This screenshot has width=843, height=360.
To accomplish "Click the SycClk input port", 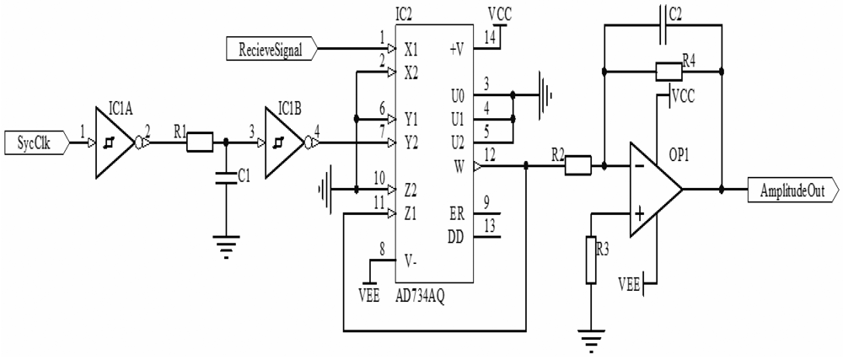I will (35, 143).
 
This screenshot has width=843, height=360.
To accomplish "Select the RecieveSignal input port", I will (271, 49).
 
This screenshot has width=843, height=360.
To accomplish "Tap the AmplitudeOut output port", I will (793, 191).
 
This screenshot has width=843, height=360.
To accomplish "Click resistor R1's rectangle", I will (200, 143).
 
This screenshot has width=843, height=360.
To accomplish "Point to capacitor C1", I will (225, 177).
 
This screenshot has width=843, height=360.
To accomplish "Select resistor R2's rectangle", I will (577, 167).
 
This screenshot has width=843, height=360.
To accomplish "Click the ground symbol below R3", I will (593, 341).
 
